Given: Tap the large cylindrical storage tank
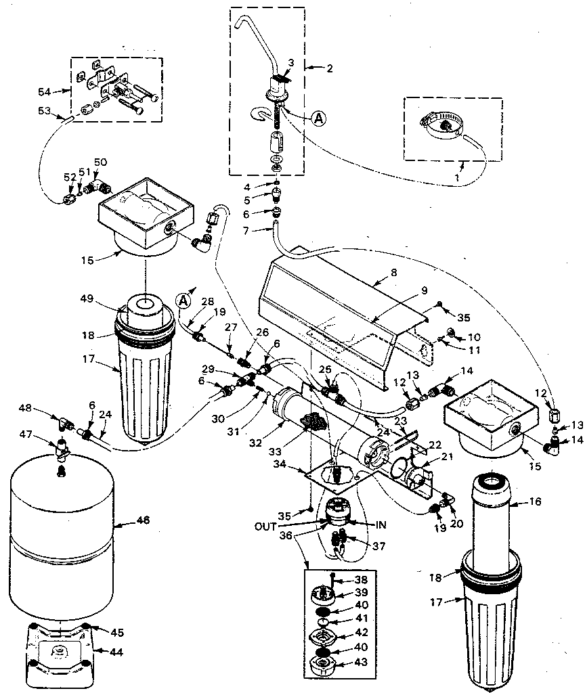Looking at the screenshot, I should (61, 541).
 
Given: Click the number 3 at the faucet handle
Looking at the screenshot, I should (290, 63).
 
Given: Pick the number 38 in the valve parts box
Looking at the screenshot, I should (362, 580).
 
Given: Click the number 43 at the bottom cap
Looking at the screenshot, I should (362, 662).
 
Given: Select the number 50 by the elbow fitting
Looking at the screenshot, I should (100, 161).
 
